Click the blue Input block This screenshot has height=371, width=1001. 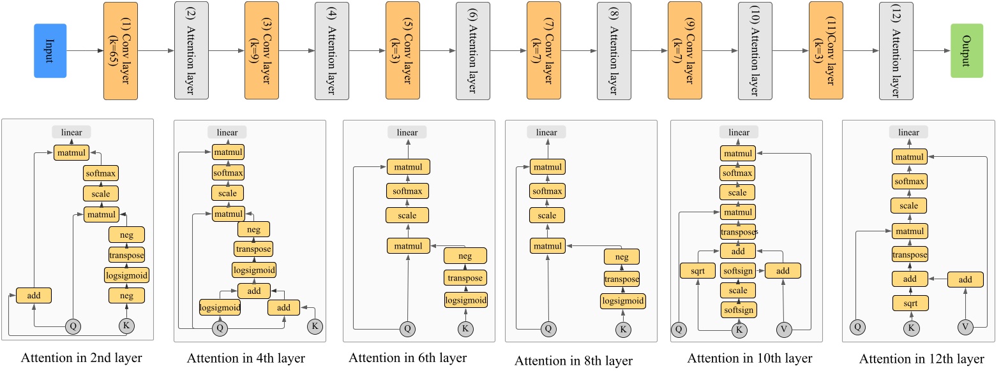[50, 51]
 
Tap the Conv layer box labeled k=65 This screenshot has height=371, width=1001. [121, 51]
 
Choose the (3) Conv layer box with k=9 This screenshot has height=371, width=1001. [262, 51]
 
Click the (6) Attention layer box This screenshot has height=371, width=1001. [473, 51]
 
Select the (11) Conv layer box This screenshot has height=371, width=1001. [825, 51]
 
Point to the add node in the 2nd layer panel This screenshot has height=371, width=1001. [33, 295]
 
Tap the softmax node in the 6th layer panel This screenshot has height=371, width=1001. [407, 191]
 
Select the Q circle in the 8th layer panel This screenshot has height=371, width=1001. [547, 329]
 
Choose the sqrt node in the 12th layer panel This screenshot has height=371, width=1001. [910, 303]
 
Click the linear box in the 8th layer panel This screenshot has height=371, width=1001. [546, 132]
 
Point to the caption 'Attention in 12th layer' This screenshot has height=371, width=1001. [921, 358]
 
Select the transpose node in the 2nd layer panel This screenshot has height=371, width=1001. [126, 255]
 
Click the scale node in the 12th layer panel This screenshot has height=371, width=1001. [910, 206]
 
